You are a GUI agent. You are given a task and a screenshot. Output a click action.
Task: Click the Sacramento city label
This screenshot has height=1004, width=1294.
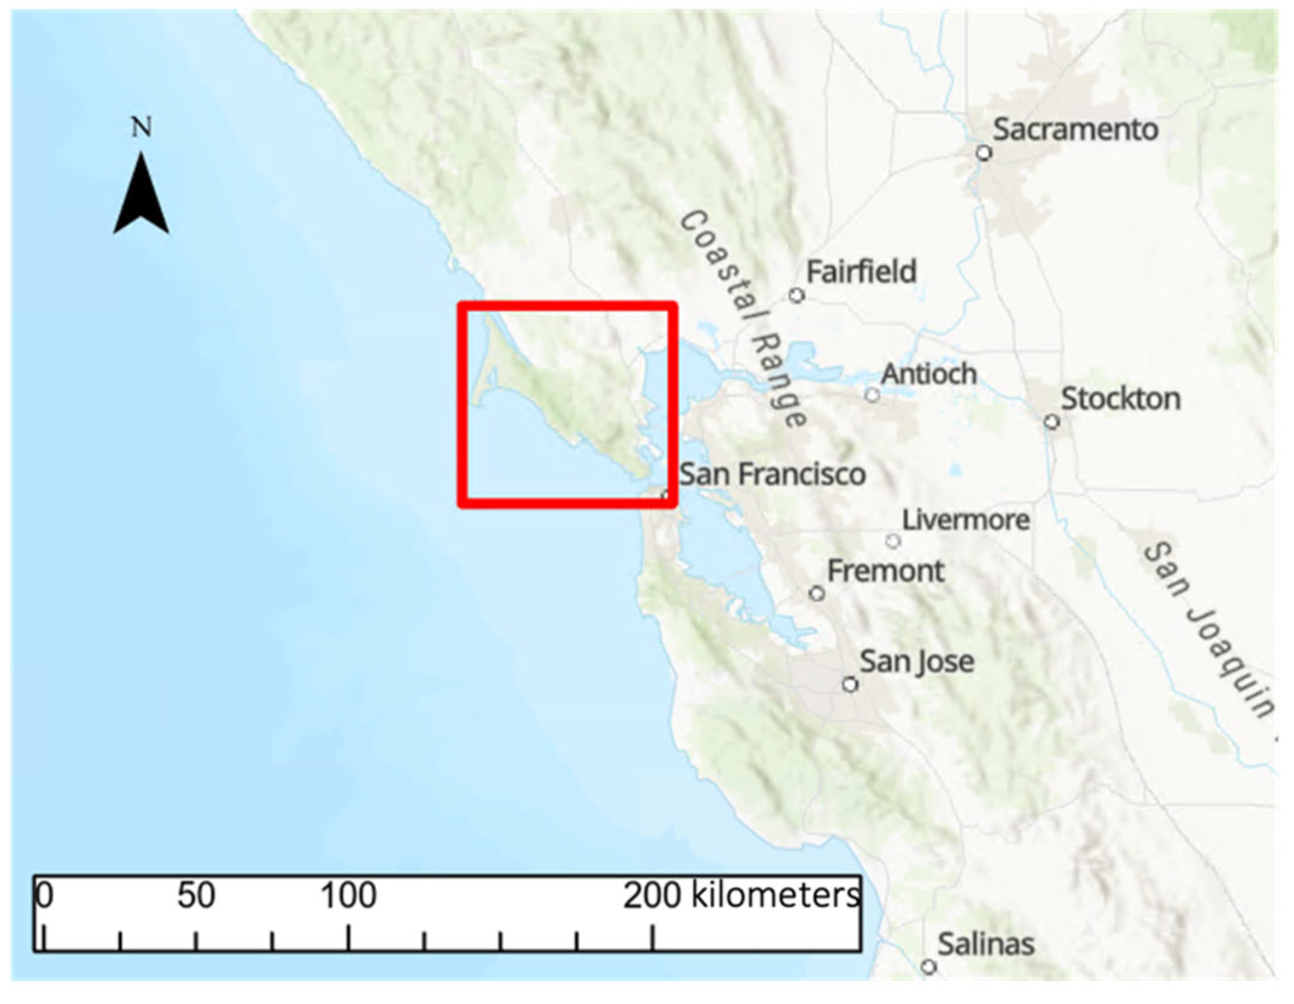tap(1075, 130)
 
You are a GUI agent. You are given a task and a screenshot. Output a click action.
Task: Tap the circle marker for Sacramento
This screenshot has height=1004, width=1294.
tap(984, 153)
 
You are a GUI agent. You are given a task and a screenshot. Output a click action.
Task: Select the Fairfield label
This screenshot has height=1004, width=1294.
tap(861, 272)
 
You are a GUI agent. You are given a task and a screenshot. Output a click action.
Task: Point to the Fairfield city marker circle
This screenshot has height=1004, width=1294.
tap(797, 295)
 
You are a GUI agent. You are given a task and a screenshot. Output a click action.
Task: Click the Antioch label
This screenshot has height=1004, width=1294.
tap(929, 374)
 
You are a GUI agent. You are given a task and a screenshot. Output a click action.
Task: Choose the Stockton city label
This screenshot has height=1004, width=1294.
tap(1120, 399)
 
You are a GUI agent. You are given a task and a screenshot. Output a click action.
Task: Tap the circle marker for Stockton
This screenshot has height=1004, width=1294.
tap(1052, 421)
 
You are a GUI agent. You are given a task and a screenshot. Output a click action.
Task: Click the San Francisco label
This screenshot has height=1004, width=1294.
tap(772, 474)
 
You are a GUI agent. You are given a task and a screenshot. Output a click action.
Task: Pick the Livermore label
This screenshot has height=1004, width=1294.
tap(966, 520)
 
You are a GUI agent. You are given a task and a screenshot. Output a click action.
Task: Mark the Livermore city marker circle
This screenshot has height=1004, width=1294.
tap(893, 541)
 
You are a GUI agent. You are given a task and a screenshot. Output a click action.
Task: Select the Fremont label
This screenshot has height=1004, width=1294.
tap(885, 571)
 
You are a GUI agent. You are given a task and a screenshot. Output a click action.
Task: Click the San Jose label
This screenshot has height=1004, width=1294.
tap(917, 662)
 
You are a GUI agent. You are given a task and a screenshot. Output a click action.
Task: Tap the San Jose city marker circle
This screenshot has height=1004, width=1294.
tap(850, 685)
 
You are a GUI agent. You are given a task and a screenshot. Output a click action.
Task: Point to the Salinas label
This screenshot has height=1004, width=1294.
tap(986, 944)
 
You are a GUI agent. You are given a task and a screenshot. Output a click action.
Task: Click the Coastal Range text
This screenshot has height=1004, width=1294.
tap(743, 319)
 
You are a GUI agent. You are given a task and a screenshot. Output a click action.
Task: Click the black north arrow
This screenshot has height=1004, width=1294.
tap(141, 196)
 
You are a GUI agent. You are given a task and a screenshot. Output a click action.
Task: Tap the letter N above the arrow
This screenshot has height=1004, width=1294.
tap(142, 127)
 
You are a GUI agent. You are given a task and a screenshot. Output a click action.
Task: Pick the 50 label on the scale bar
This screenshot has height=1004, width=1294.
tap(196, 896)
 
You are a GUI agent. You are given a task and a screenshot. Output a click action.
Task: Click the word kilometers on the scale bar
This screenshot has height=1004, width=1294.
tap(775, 896)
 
